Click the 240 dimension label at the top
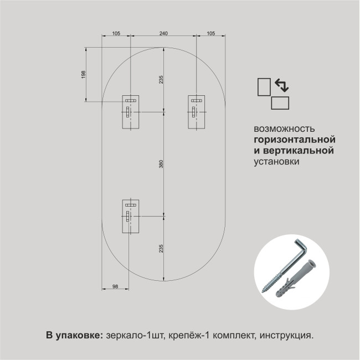163,33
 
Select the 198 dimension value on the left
83,74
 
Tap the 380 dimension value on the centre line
161,164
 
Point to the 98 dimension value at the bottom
115,286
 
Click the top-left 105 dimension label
116,33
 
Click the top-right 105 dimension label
211,33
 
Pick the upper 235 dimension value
161,79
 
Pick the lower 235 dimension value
161,249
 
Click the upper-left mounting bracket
131,112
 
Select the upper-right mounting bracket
197,112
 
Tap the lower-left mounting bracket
131,216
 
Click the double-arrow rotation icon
282,85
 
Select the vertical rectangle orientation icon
264,87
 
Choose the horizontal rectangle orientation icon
280,103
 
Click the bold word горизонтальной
295,140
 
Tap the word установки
276,161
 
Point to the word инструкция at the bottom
286,336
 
